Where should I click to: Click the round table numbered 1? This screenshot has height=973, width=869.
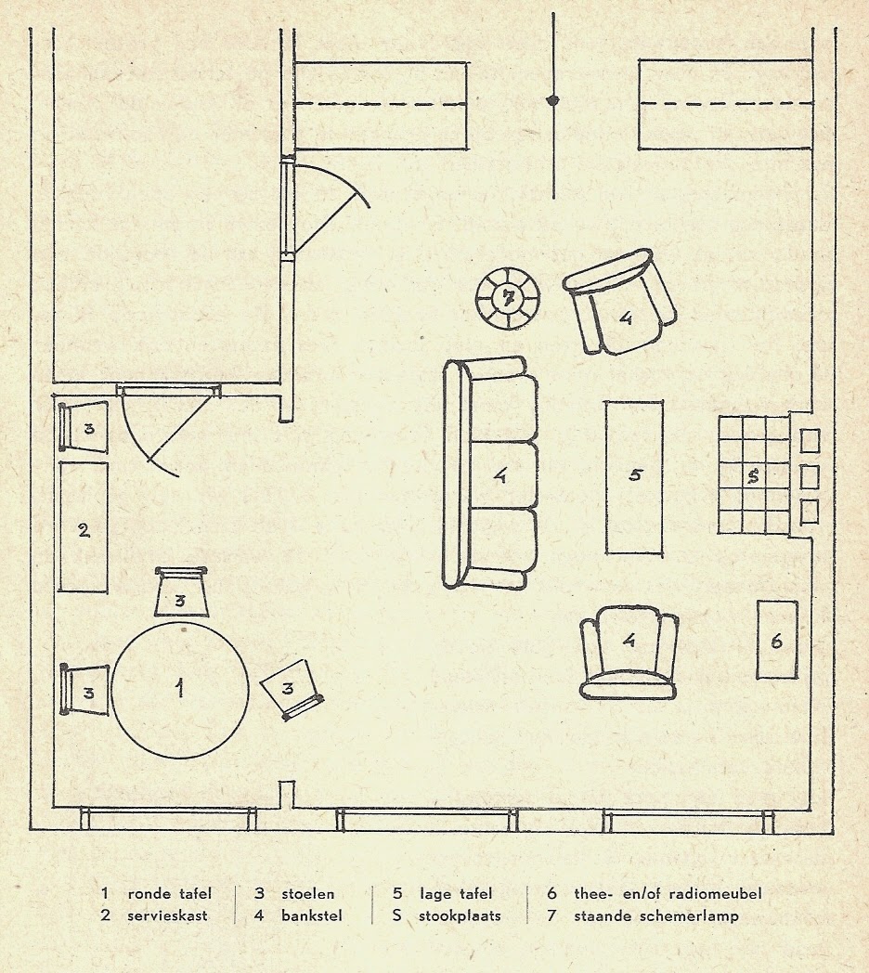(180, 690)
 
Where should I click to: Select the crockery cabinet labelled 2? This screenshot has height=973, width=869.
(84, 526)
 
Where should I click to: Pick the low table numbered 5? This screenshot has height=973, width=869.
(634, 476)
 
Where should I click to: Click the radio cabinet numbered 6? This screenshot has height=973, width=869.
(776, 639)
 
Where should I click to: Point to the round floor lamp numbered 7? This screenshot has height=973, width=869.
(509, 299)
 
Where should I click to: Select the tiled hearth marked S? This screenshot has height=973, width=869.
(754, 474)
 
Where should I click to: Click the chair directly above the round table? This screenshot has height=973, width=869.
(181, 592)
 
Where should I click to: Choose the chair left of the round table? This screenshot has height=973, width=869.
(85, 690)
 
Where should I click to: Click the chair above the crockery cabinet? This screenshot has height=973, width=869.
(84, 427)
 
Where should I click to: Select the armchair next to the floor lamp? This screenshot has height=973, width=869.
(619, 302)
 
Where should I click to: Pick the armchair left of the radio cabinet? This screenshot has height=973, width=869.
(629, 654)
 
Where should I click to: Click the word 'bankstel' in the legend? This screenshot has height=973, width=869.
(312, 915)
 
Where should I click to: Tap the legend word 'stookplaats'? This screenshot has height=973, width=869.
(460, 916)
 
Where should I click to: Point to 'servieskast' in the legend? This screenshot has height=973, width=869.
(168, 915)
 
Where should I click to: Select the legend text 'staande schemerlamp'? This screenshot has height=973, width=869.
(656, 916)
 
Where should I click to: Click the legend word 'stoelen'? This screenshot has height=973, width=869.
(308, 893)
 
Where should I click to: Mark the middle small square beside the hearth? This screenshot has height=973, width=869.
(810, 476)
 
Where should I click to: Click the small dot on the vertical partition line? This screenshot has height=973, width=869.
(552, 100)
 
